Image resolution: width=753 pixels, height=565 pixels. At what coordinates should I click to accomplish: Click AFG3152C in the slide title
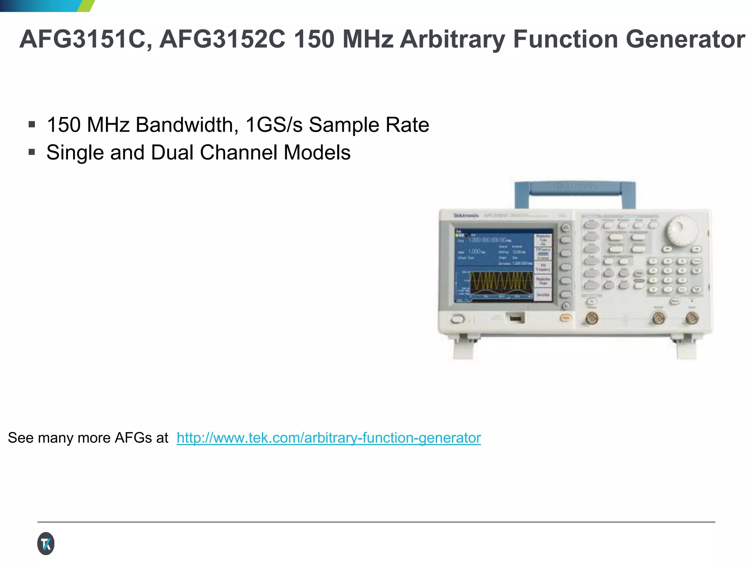[x=222, y=39]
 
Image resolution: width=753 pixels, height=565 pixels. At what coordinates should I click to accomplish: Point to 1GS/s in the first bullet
[x=274, y=125]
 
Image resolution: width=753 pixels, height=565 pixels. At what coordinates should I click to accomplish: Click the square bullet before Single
[x=32, y=152]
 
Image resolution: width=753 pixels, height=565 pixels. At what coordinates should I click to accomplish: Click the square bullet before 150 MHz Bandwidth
[x=32, y=124]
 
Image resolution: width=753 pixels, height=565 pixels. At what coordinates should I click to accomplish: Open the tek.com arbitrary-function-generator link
[x=328, y=438]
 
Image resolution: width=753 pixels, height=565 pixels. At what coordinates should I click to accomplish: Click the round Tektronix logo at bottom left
[x=46, y=543]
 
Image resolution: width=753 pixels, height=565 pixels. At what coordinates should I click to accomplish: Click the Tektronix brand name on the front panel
[x=466, y=216]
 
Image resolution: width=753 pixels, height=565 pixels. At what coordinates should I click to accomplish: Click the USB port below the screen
[x=515, y=318]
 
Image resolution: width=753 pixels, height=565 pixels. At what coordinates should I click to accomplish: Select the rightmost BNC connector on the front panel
[x=692, y=318]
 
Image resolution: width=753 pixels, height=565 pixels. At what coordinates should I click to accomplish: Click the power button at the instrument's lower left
[x=457, y=319]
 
